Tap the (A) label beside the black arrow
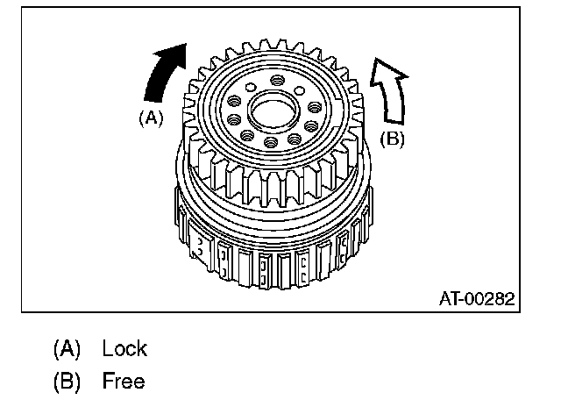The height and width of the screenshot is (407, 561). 151,118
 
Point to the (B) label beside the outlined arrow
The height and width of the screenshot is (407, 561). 392,139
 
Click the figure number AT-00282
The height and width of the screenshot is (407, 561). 477,298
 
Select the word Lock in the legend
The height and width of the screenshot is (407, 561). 124,348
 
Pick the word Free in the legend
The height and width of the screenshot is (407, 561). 124,381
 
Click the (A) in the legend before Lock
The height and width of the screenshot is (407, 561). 67,348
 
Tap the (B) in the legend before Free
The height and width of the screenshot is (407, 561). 67,381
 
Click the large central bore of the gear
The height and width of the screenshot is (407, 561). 274,111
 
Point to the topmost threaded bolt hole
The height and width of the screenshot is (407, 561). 277,80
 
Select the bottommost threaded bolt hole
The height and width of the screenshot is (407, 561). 271,142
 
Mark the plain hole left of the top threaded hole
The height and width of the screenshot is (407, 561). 251,87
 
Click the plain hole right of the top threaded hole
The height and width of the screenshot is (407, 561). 300,90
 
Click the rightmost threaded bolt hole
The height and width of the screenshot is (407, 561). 315,107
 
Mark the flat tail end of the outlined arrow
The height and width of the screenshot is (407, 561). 394,123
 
